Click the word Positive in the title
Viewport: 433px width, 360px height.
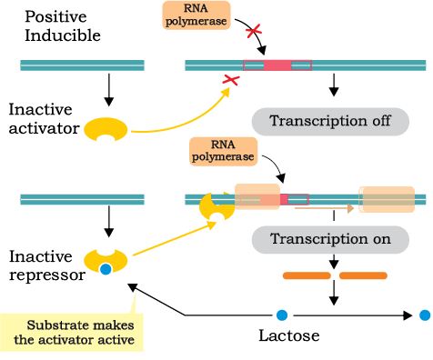pyautogui.click(x=55, y=16)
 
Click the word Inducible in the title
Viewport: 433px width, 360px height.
pyautogui.click(x=63, y=35)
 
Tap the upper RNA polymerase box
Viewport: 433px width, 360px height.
pyautogui.click(x=196, y=15)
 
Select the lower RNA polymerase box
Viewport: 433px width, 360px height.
pyautogui.click(x=224, y=151)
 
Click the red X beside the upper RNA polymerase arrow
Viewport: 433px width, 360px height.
pyautogui.click(x=254, y=31)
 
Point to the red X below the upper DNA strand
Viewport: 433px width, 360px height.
pyautogui.click(x=231, y=80)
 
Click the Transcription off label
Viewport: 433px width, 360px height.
pyautogui.click(x=330, y=122)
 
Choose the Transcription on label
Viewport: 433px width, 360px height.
pyautogui.click(x=330, y=239)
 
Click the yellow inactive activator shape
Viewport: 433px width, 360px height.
pyautogui.click(x=106, y=129)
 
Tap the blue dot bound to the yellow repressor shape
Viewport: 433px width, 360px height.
pyautogui.click(x=106, y=269)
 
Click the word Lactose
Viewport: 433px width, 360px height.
pyautogui.click(x=289, y=335)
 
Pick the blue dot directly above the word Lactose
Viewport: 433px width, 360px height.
pyautogui.click(x=282, y=315)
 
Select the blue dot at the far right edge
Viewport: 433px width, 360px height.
pyautogui.click(x=425, y=315)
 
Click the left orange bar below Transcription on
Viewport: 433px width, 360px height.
pyautogui.click(x=307, y=275)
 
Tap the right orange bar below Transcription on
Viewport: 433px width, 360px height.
pyautogui.click(x=363, y=275)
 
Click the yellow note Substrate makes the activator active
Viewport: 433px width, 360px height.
pyautogui.click(x=72, y=333)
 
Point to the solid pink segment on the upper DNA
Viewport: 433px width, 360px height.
pyautogui.click(x=277, y=65)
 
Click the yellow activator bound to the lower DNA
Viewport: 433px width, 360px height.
pyautogui.click(x=217, y=207)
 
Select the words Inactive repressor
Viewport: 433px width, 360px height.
pyautogui.click(x=47, y=265)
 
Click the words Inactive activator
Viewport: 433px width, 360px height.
pyautogui.click(x=45, y=118)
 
